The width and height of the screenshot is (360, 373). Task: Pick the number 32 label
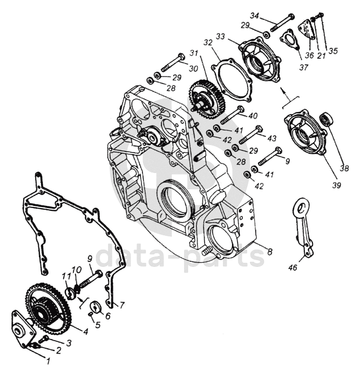(207, 43)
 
